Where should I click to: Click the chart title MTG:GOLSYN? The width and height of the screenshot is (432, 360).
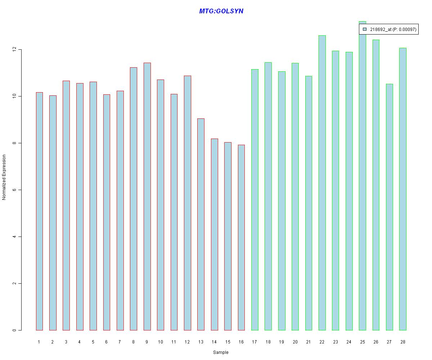[x=221, y=11]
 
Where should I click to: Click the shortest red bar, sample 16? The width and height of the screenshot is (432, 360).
[x=241, y=238]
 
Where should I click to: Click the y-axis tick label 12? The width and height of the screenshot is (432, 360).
[x=14, y=49]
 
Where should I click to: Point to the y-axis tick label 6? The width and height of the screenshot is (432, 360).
[x=14, y=190]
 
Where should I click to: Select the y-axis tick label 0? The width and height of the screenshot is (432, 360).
[x=14, y=330]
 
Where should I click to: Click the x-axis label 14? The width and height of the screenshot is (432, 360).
[x=214, y=342]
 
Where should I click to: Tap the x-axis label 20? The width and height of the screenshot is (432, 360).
[x=295, y=342]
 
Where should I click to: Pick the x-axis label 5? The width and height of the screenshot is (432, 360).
[x=93, y=342]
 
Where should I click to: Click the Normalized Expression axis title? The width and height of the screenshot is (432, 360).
[x=4, y=177]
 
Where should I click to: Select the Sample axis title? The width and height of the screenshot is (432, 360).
[x=221, y=352]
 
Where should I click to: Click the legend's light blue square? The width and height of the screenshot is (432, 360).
[x=364, y=29]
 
